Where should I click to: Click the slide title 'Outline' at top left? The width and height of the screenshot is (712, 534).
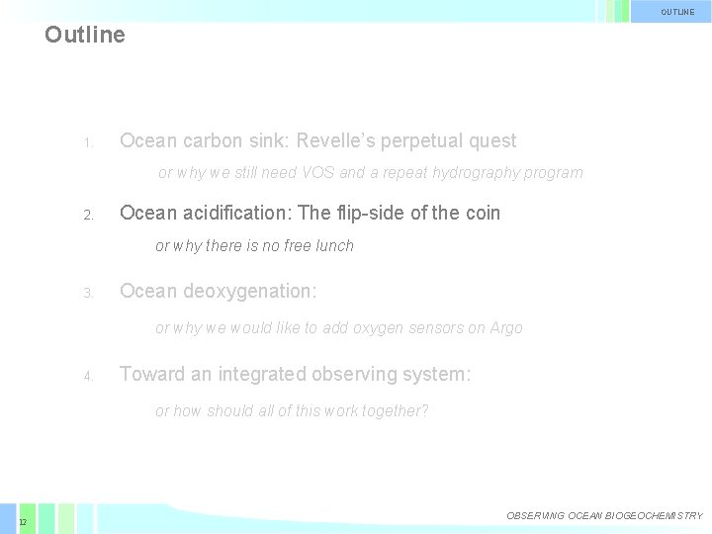85,35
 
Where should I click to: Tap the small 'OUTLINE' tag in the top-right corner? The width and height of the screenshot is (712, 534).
678,12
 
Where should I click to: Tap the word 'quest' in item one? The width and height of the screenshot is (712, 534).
491,141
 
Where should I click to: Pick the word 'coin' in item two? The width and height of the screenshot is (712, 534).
482,213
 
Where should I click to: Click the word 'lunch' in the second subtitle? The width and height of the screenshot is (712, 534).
334,245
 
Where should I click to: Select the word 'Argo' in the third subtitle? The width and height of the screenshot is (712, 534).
506,327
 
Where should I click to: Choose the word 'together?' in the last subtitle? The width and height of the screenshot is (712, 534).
397,411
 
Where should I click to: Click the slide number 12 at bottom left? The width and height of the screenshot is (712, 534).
22,521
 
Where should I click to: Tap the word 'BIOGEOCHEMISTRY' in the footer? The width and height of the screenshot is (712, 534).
653,516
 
